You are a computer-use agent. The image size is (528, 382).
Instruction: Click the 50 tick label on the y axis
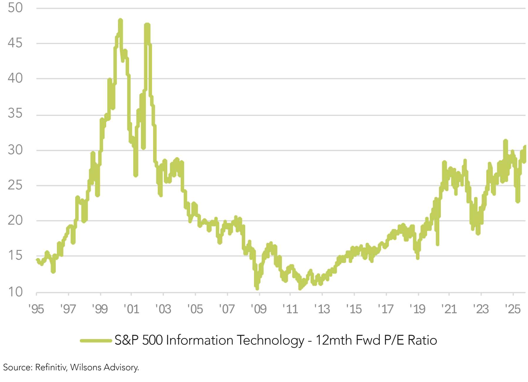15,8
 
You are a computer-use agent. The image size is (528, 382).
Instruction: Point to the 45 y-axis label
15,43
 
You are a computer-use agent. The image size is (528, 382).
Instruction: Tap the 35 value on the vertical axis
15,114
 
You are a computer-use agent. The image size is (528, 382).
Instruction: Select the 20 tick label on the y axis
15,220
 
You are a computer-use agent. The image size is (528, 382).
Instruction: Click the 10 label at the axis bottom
15,292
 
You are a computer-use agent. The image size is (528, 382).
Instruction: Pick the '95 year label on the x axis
36,309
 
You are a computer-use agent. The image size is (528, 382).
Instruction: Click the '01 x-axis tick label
131,309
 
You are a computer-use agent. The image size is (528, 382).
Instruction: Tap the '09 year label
258,309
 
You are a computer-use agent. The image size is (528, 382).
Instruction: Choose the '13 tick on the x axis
322,309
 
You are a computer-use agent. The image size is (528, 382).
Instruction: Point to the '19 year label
417,309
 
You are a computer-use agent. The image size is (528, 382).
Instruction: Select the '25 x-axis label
513,309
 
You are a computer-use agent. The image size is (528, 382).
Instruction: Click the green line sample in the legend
96,341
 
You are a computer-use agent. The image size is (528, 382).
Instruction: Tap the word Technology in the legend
270,341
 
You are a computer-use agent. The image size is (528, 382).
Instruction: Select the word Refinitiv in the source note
51,367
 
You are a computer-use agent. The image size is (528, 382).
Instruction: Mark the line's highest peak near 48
120,21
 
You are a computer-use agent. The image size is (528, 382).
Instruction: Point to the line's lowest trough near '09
257,288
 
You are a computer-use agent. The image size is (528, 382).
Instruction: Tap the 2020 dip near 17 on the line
437,244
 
